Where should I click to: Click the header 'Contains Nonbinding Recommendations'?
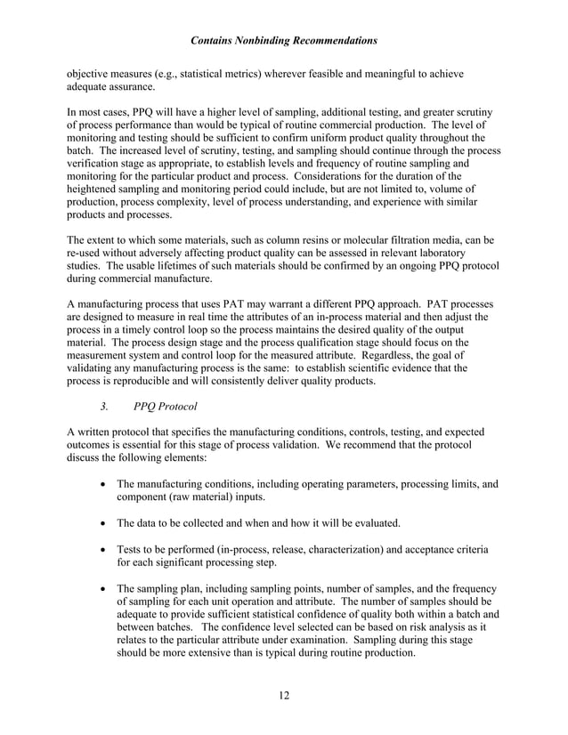pos(284,41)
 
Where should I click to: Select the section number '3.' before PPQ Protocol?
pos(104,409)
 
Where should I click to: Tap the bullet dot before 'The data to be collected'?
pos(107,523)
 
